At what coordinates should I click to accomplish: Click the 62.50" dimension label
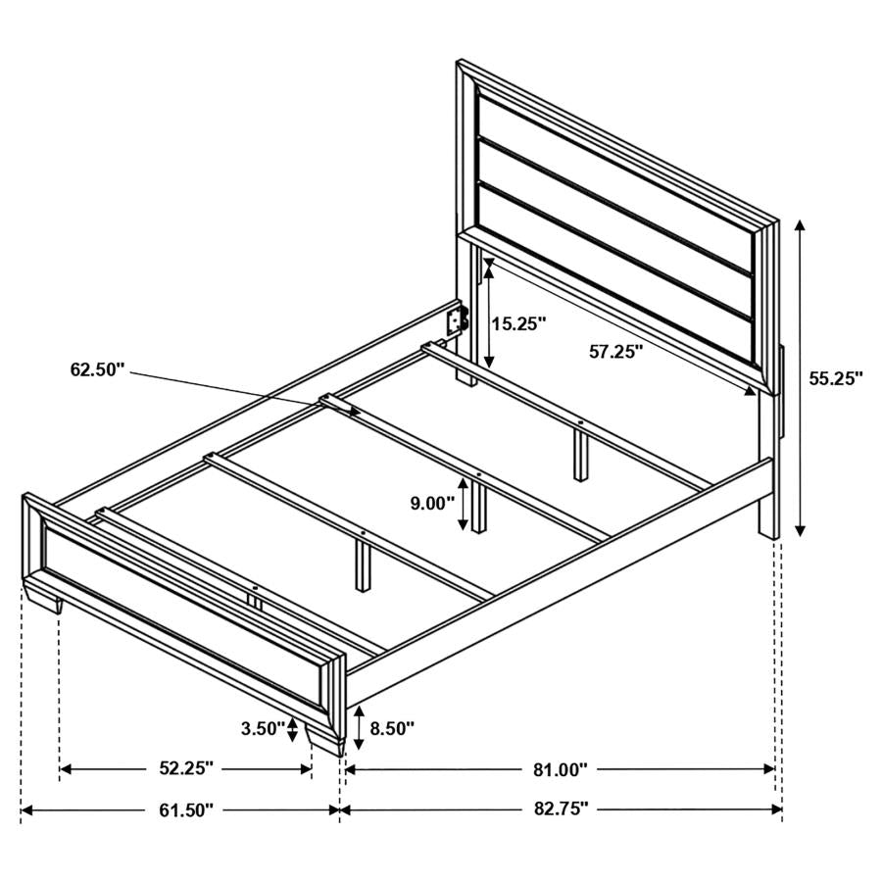(x=98, y=369)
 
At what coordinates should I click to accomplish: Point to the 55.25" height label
(x=836, y=377)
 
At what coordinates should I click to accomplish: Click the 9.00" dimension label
(x=432, y=504)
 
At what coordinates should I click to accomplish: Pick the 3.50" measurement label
(x=262, y=728)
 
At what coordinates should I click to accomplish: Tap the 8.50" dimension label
(x=390, y=728)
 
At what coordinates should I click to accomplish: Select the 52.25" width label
(x=185, y=769)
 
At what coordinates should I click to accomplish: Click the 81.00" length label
(x=560, y=769)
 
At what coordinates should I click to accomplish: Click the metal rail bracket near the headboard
(x=457, y=320)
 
